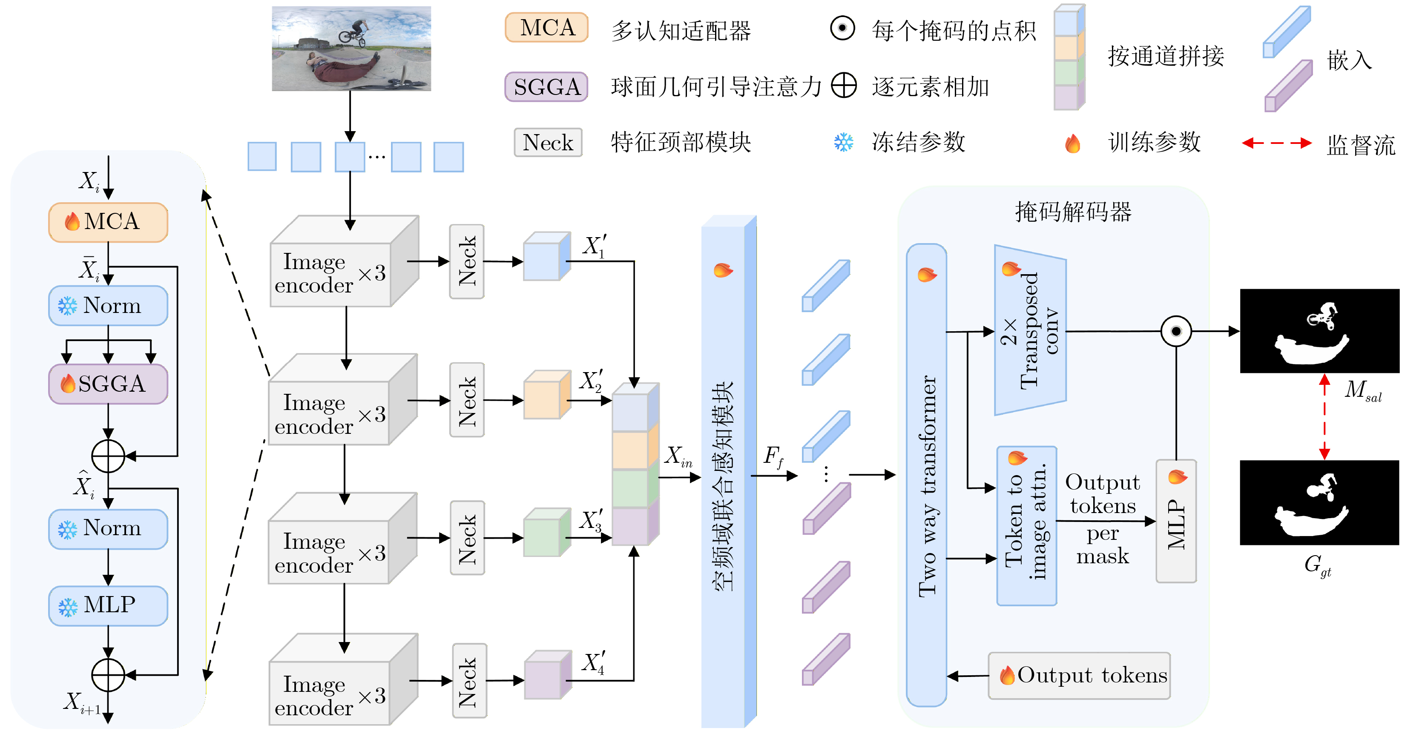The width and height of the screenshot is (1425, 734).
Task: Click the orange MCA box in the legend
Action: [x=546, y=28]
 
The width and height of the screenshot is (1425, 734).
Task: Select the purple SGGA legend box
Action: [x=546, y=87]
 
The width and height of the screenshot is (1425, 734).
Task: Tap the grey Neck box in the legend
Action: [x=548, y=143]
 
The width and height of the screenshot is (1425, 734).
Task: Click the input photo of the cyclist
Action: [x=351, y=49]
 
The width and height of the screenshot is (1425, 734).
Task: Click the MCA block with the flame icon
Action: [x=109, y=222]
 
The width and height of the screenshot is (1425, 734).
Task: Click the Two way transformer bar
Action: [x=927, y=476]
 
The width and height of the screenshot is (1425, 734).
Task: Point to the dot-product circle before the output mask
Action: [x=1175, y=331]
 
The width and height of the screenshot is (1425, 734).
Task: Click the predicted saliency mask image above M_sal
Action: [x=1319, y=331]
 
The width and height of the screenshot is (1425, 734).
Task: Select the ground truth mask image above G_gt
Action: [x=1319, y=502]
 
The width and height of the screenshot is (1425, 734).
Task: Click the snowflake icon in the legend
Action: [x=843, y=143]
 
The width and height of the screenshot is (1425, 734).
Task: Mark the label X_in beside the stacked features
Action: [x=678, y=457]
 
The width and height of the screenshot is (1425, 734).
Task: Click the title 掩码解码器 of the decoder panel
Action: [x=1073, y=212]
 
